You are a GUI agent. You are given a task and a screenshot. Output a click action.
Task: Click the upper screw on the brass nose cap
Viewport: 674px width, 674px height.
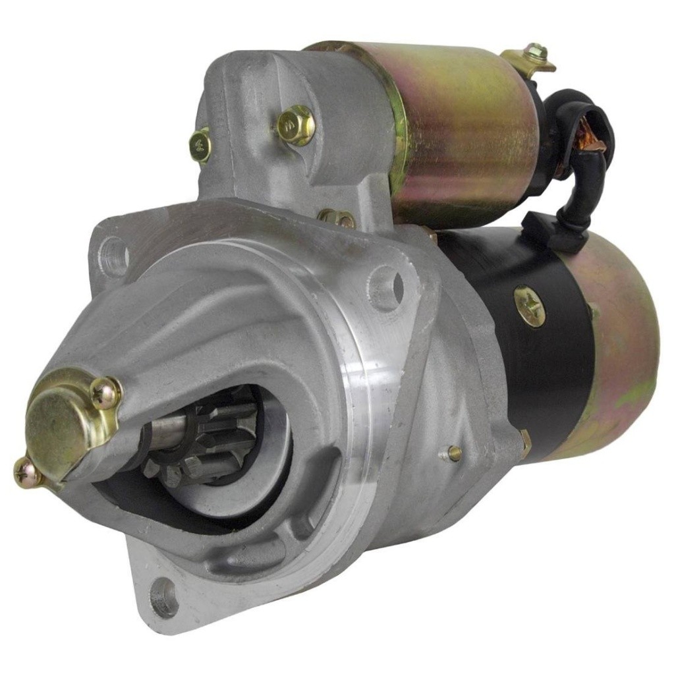(106, 393)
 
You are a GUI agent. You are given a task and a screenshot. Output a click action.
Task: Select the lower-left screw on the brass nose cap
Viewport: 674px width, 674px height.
(27, 472)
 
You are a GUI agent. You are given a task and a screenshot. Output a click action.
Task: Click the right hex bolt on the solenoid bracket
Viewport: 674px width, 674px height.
(295, 125)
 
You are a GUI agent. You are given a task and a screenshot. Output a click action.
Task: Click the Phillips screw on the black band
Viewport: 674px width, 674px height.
(530, 306)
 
